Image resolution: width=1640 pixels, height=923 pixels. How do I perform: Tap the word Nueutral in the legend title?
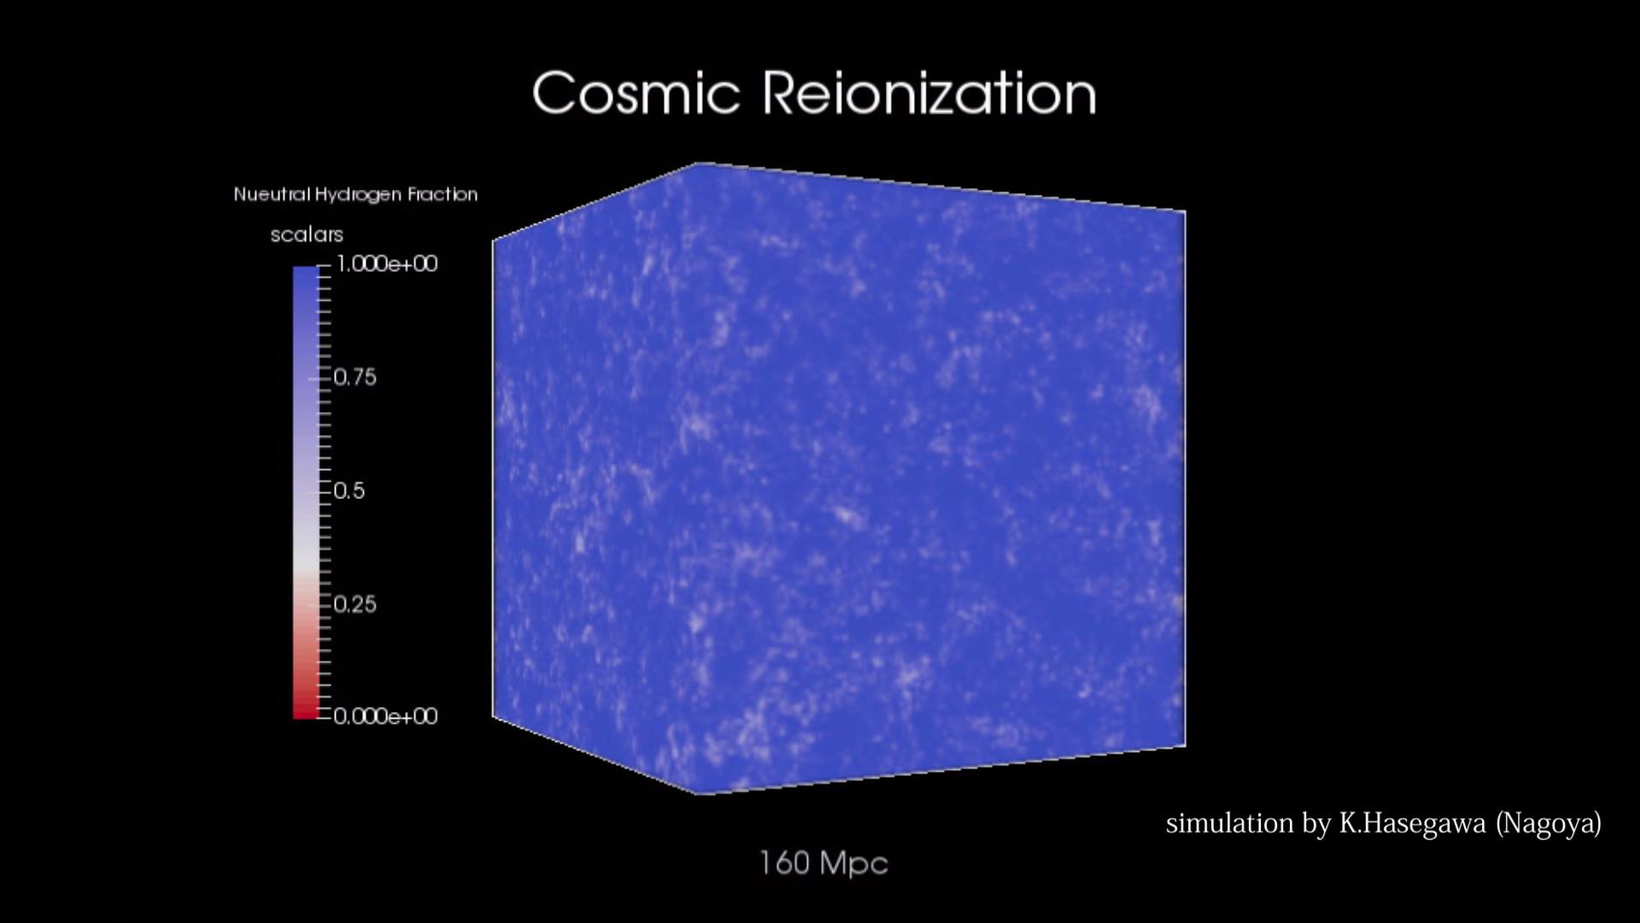[x=272, y=194]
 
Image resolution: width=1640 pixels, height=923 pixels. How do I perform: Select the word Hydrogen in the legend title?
[x=358, y=195]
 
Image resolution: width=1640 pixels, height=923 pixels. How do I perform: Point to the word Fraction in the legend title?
[x=442, y=194]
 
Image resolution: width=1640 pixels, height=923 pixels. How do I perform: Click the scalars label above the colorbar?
[x=307, y=234]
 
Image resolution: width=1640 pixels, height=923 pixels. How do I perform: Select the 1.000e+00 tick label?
[x=387, y=263]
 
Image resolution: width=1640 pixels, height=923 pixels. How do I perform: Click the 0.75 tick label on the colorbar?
[x=354, y=377]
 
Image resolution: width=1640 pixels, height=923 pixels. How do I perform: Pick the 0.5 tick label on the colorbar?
[x=348, y=491]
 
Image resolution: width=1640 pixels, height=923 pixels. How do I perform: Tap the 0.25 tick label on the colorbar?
[x=354, y=604]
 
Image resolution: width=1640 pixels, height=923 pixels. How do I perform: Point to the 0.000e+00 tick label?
[x=385, y=716]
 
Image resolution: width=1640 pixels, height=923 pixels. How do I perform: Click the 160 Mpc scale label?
[x=823, y=863]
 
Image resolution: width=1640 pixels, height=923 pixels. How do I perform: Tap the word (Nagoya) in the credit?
[x=1549, y=823]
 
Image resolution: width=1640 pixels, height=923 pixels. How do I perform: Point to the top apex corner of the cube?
[x=699, y=162]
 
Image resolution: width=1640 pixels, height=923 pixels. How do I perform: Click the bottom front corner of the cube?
[x=699, y=794]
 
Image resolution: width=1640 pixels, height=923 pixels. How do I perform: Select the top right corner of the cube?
[x=1186, y=210]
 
